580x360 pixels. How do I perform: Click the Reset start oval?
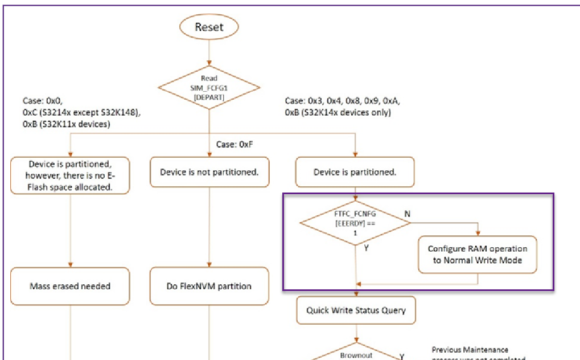pyautogui.click(x=209, y=27)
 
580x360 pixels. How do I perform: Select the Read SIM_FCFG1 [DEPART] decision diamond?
pyautogui.click(x=209, y=88)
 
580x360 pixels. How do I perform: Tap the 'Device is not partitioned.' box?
pyautogui.click(x=209, y=172)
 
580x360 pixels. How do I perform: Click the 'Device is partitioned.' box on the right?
pyautogui.click(x=355, y=172)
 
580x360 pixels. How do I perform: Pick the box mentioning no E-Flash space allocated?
pyautogui.click(x=70, y=175)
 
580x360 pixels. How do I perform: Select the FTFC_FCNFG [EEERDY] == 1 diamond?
pyautogui.click(x=355, y=223)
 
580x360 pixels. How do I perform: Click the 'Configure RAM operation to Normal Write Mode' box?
pyautogui.click(x=478, y=255)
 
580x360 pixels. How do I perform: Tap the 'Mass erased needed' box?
pyautogui.click(x=70, y=286)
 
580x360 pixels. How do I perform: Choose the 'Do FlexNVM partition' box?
pyautogui.click(x=209, y=286)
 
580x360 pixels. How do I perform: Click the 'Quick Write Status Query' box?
pyautogui.click(x=356, y=311)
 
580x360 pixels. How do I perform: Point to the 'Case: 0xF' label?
pyautogui.click(x=234, y=145)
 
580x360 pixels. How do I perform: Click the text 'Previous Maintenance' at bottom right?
pyautogui.click(x=470, y=350)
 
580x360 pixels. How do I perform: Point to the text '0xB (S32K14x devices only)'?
pyautogui.click(x=338, y=113)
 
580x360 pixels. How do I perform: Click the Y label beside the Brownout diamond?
pyautogui.click(x=402, y=356)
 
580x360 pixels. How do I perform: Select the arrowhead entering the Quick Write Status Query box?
pyautogui.click(x=356, y=294)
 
